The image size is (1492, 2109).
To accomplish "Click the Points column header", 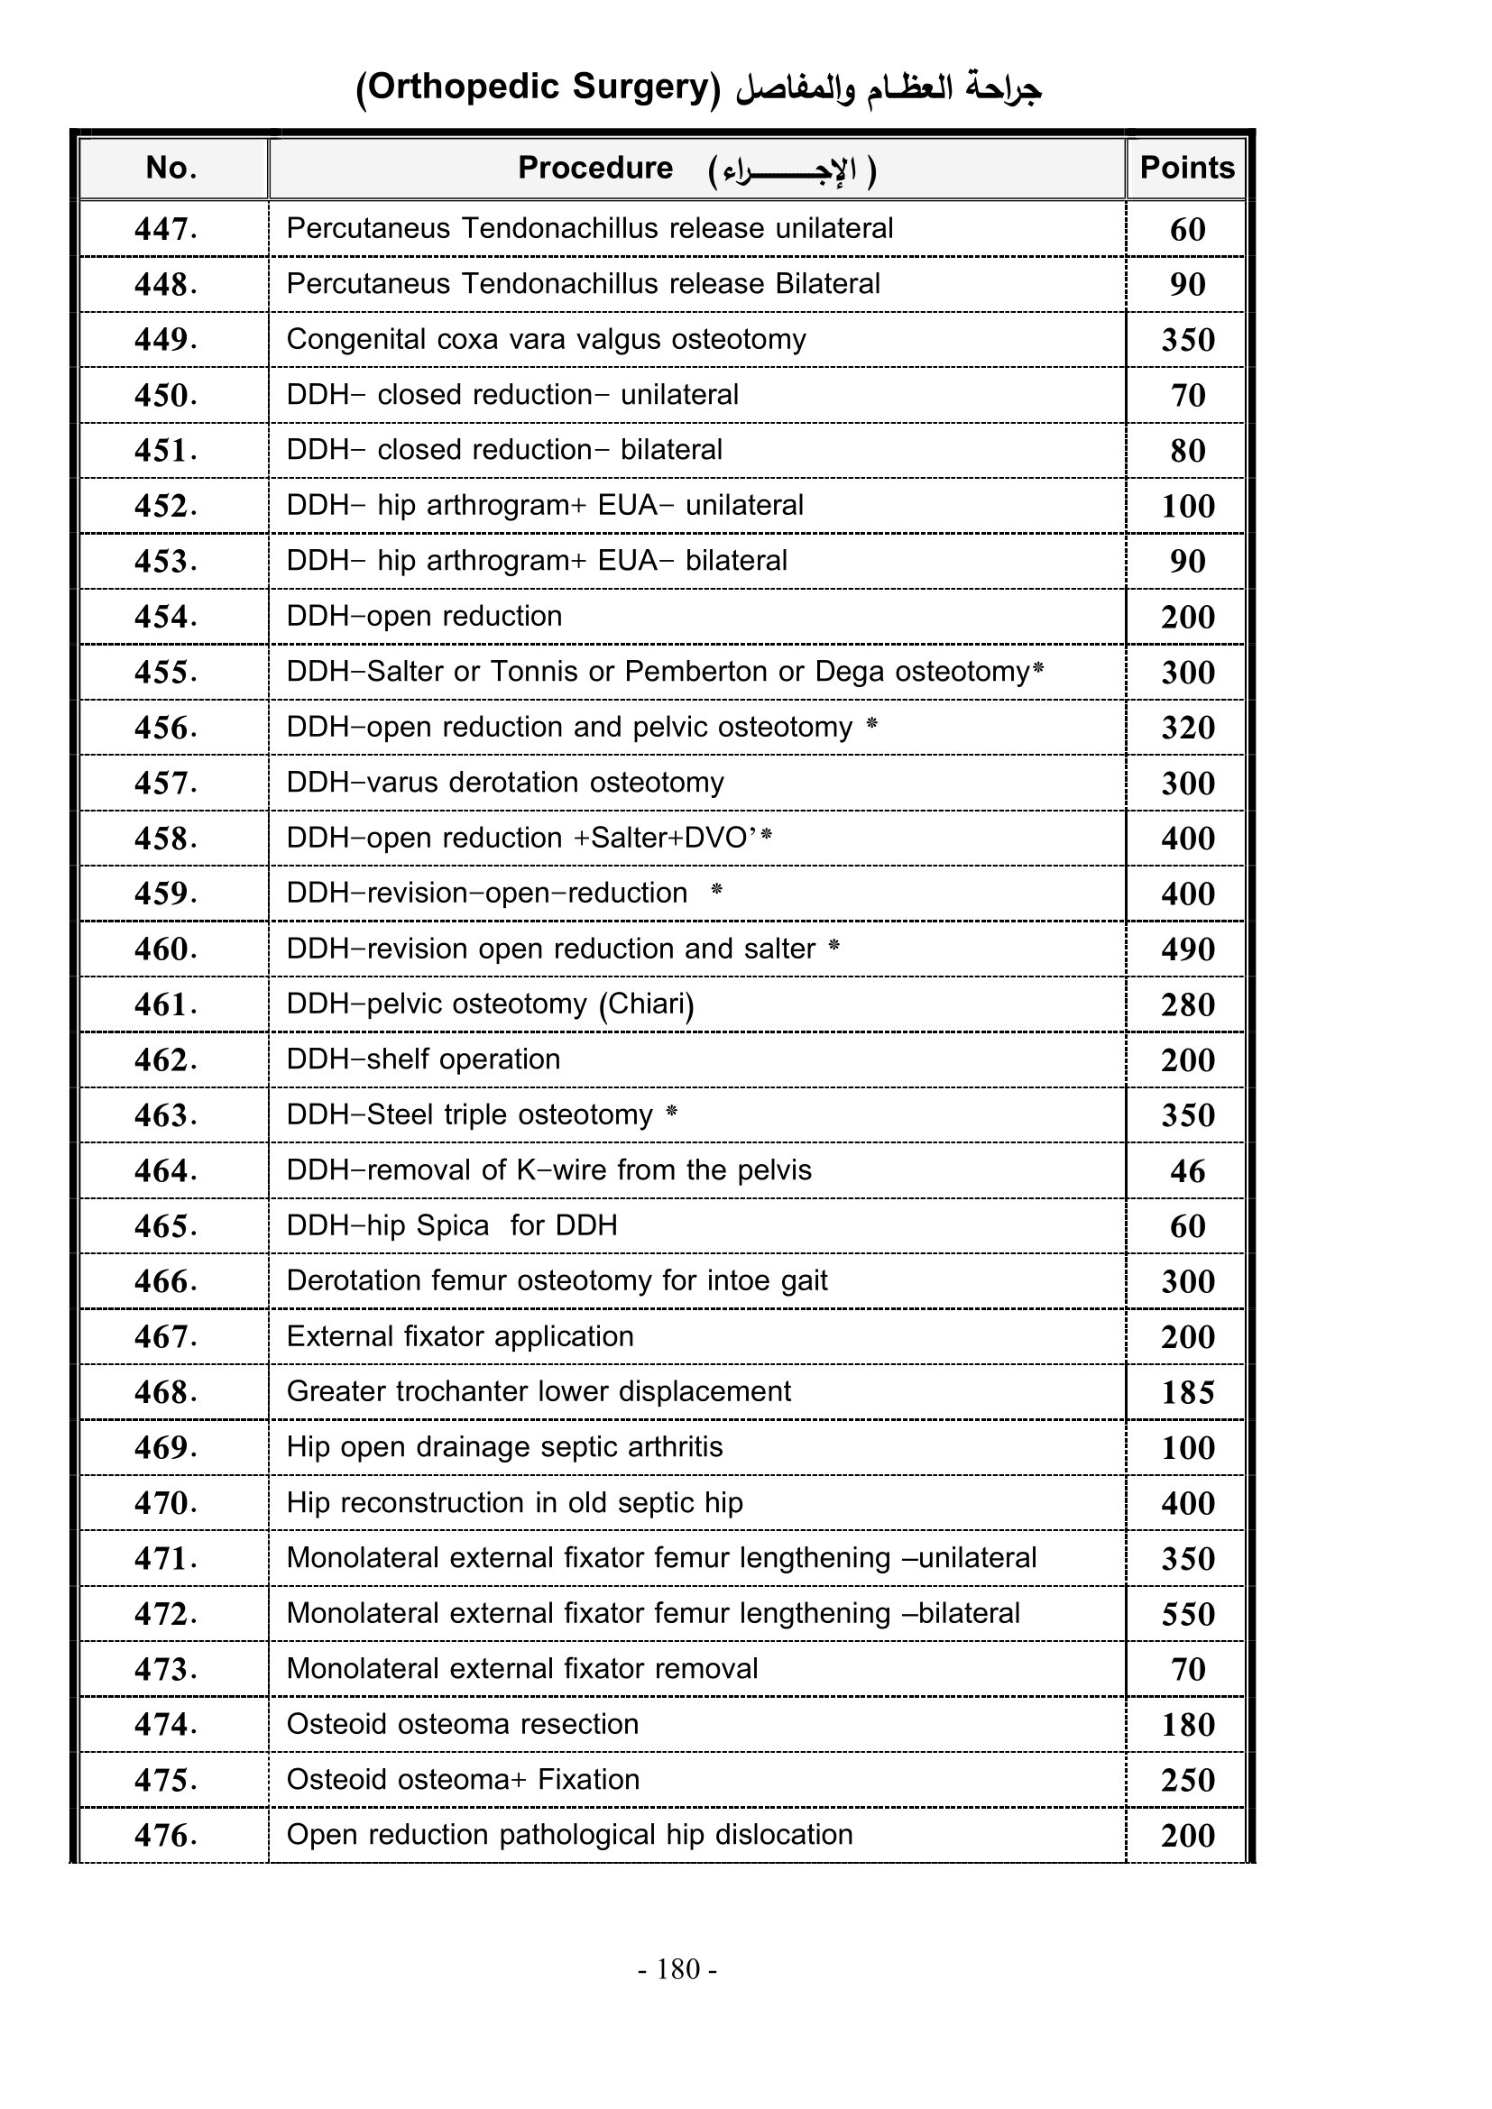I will click(1187, 168).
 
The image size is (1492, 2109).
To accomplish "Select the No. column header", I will click(171, 168).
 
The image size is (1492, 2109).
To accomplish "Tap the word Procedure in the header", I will click(595, 168).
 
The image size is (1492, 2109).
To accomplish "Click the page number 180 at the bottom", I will click(678, 1968).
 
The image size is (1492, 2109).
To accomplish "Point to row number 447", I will click(165, 229).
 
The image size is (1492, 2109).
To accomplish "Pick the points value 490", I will click(1187, 949).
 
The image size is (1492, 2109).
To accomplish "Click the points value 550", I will click(1187, 1614).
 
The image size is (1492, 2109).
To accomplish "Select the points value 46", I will click(1187, 1171).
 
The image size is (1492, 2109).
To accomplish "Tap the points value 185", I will click(1187, 1392).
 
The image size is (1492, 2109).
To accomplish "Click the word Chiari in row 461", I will click(646, 1004).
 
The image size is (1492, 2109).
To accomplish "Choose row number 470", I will click(165, 1503).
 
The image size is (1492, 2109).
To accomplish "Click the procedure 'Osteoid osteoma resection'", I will click(462, 1724).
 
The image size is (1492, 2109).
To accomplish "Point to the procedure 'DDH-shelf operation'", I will click(422, 1059).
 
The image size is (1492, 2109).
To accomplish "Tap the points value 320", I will click(1187, 728).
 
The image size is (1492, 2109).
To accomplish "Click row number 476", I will click(165, 1835).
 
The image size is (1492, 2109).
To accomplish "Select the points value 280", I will click(1187, 1004).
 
